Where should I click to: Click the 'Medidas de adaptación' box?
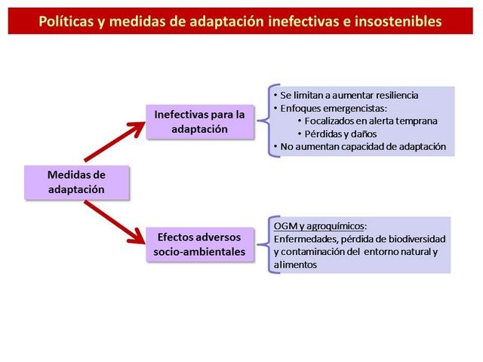(x=77, y=183)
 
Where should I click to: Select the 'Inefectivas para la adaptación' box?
(x=200, y=122)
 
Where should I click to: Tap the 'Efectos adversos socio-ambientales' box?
(x=200, y=244)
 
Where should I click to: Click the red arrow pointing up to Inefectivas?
(x=114, y=141)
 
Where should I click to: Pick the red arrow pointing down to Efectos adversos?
(x=114, y=222)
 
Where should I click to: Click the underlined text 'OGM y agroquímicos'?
(x=318, y=226)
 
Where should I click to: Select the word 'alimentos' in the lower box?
(x=295, y=265)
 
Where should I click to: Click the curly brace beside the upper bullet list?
(x=269, y=121)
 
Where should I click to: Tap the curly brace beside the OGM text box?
(x=269, y=244)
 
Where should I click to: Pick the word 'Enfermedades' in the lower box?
(x=306, y=239)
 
